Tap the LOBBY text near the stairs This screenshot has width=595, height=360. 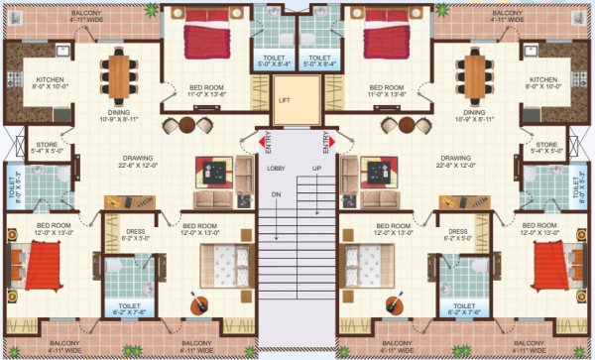point(277,170)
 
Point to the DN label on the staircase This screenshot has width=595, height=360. point(277,193)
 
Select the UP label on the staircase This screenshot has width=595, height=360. point(316,170)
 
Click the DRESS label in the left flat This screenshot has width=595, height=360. point(135,231)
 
